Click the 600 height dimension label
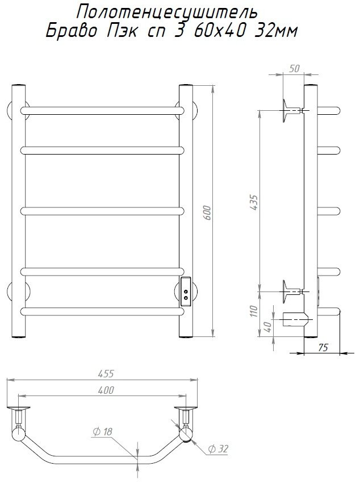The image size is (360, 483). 208,213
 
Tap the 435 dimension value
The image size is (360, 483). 254,202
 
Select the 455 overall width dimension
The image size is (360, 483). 106,374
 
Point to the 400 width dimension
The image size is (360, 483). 106,390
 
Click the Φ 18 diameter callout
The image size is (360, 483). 103,431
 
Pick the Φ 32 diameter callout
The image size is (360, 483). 218,449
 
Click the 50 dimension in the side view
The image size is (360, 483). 294,68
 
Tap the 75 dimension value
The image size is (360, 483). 323,347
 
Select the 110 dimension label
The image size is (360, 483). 254,311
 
